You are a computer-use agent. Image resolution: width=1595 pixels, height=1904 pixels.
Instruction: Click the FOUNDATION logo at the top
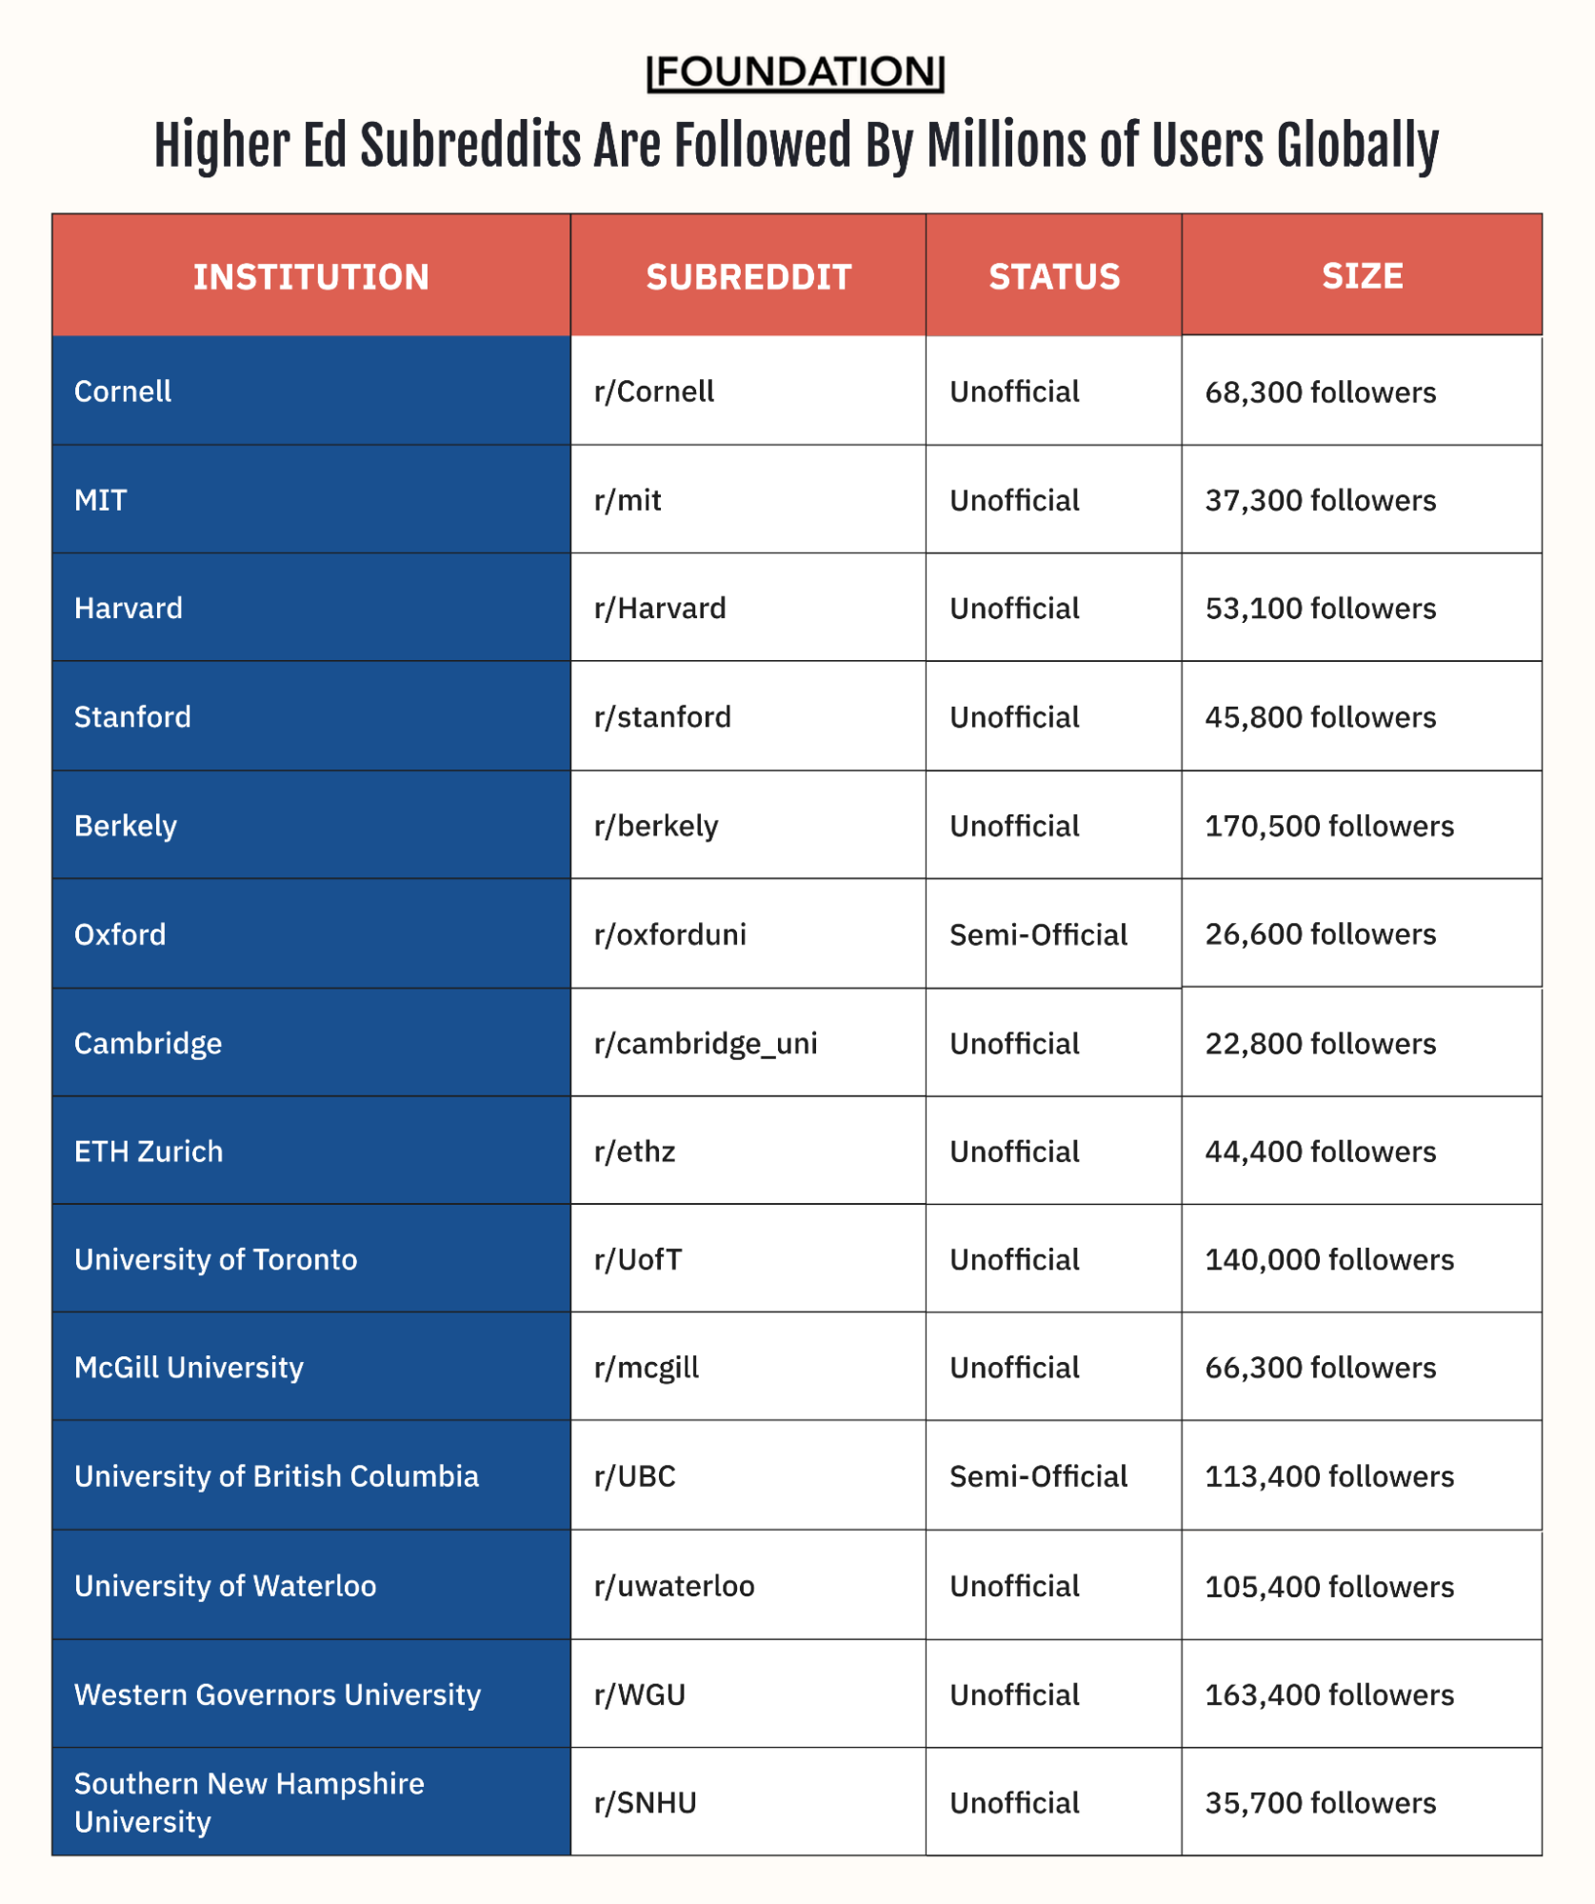[x=795, y=72]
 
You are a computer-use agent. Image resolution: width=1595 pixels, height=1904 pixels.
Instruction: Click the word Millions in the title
[x=1007, y=147]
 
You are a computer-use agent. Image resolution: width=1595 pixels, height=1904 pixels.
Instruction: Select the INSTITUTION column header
[x=311, y=277]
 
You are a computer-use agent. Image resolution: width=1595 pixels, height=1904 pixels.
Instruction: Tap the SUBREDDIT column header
[x=748, y=277]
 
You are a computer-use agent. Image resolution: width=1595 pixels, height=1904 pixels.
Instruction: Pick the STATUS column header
[x=1054, y=277]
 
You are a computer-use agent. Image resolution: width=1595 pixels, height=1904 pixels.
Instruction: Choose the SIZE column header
[x=1362, y=276]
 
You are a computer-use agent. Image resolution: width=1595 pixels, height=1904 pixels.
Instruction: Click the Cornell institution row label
[x=123, y=391]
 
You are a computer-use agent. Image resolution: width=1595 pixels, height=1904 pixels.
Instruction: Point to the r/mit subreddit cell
[x=628, y=500]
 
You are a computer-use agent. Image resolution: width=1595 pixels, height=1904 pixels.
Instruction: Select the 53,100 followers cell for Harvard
[x=1320, y=609]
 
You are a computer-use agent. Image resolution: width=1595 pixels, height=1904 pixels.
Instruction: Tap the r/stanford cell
[x=663, y=717]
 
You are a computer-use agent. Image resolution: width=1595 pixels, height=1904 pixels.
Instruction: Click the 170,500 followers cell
[x=1329, y=826]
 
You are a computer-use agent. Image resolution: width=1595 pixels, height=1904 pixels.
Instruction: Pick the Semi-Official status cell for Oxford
[x=1038, y=934]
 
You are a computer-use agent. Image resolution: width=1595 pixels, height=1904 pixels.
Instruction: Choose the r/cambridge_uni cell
[x=706, y=1044]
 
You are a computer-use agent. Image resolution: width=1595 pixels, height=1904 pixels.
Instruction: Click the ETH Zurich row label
[x=149, y=1152]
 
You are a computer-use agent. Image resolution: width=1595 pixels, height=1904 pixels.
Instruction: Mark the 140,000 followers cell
[x=1329, y=1260]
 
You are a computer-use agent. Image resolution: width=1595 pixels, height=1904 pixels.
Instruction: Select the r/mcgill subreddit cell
[x=647, y=1368]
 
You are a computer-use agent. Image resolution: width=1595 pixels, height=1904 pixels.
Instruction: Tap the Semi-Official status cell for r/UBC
[x=1038, y=1476]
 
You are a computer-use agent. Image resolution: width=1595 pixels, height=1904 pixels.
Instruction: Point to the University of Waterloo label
[x=225, y=1586]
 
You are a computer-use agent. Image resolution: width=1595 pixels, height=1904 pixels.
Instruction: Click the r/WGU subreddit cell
[x=640, y=1694]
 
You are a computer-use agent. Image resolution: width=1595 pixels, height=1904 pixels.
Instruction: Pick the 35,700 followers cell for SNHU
[x=1320, y=1803]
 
